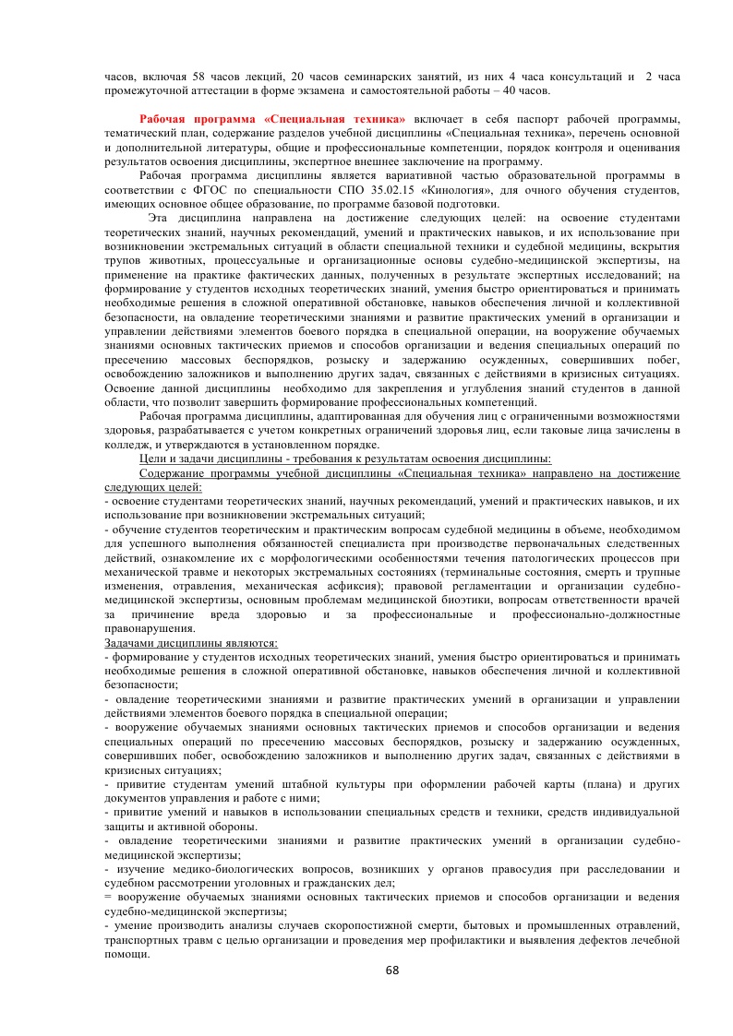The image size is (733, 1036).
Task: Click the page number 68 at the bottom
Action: pyautogui.click(x=391, y=971)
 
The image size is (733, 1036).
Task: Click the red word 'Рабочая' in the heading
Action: pyautogui.click(x=167, y=120)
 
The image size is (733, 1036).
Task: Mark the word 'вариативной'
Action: pyautogui.click(x=407, y=175)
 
